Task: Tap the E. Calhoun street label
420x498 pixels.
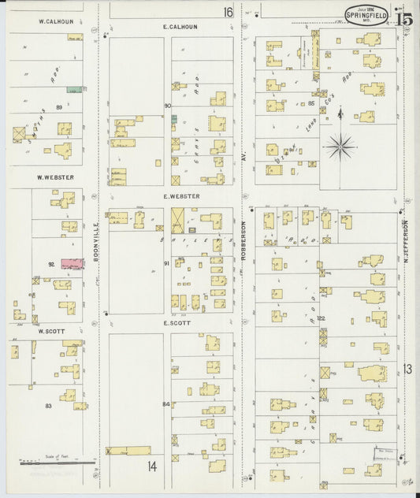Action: point(180,26)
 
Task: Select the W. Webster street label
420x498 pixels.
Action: point(55,177)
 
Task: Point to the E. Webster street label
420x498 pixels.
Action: point(181,195)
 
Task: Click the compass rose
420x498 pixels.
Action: point(340,144)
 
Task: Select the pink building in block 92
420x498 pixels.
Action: point(72,263)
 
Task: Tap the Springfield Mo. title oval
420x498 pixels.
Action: point(366,15)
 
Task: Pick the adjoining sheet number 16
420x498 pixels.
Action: point(228,12)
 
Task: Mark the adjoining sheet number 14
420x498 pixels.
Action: point(152,466)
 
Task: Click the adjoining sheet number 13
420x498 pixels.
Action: point(407,368)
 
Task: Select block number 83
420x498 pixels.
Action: point(49,405)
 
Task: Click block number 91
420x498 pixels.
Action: point(166,262)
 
